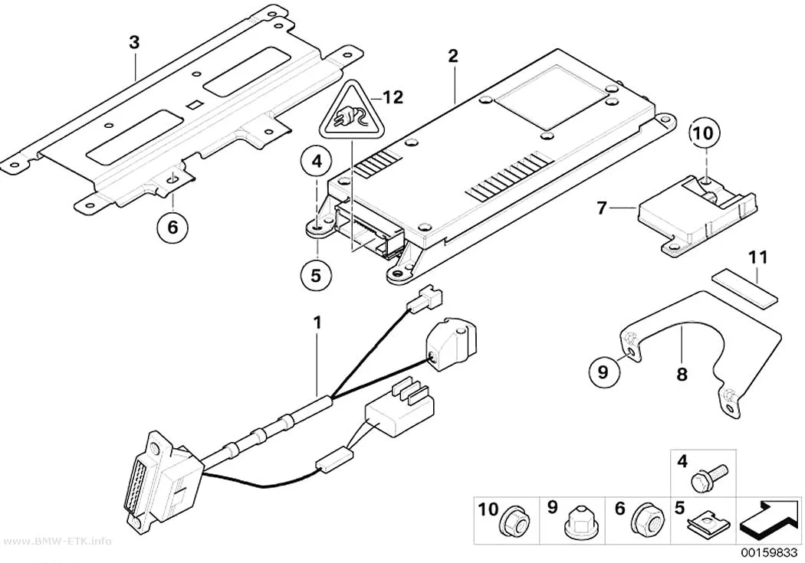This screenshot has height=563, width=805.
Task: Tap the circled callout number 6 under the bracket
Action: click(172, 226)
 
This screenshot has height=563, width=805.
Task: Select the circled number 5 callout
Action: click(316, 275)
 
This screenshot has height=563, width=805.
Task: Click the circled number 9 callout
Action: click(603, 371)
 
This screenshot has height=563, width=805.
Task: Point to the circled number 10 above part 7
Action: click(704, 133)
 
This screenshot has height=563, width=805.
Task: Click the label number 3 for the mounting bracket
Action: click(134, 42)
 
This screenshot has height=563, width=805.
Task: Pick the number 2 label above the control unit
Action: click(452, 56)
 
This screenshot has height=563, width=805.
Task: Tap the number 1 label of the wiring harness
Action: click(318, 323)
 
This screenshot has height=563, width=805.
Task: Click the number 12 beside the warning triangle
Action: click(393, 97)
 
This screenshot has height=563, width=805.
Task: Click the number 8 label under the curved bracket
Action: click(682, 375)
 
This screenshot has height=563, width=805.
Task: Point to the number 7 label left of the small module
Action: click(602, 208)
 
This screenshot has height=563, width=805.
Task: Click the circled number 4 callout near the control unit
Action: click(316, 162)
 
